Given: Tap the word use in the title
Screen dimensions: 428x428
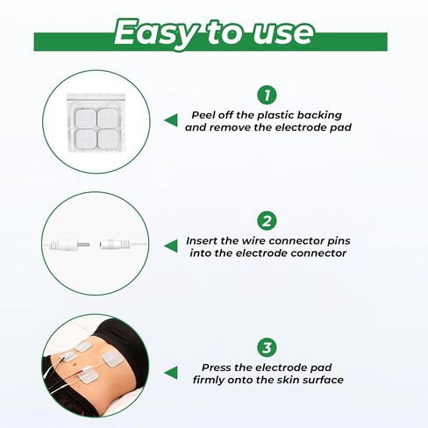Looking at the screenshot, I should [x=280, y=32].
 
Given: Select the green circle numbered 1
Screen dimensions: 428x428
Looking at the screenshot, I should [x=266, y=96].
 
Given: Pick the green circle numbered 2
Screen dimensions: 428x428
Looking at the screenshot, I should [x=266, y=220].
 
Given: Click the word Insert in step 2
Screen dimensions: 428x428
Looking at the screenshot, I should [x=206, y=240].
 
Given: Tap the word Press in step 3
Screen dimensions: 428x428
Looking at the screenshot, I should [x=218, y=367].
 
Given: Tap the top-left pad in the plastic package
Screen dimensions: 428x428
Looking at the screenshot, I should [x=83, y=114].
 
